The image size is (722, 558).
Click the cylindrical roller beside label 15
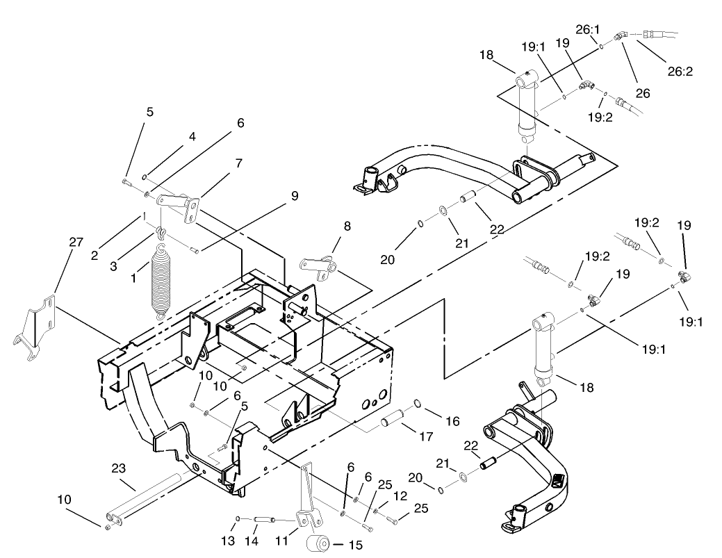317,543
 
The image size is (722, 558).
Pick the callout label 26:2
680,70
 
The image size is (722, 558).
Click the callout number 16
452,421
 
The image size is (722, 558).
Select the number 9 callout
295,196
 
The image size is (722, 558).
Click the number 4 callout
192,137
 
